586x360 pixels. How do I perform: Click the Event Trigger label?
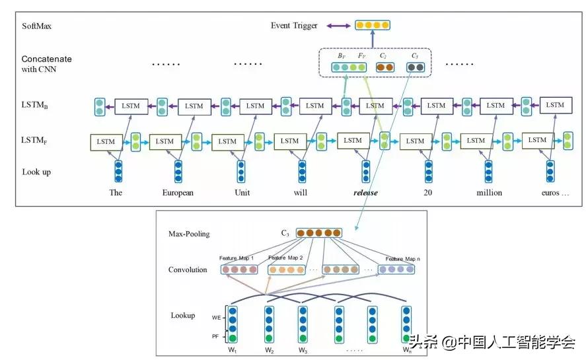pos(294,26)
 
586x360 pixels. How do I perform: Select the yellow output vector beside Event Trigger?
pos(373,26)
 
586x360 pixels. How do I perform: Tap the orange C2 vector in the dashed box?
pos(385,67)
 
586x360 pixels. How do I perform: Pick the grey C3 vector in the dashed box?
pos(416,67)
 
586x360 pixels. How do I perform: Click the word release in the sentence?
pos(365,193)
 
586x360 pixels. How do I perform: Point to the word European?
pos(178,193)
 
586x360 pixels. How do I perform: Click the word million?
pos(489,193)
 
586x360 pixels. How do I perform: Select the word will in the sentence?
pos(302,193)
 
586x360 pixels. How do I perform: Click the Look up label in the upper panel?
pos(37,172)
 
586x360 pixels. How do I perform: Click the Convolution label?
pos(187,270)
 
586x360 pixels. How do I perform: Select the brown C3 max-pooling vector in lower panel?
pos(320,233)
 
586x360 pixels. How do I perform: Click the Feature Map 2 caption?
pos(285,258)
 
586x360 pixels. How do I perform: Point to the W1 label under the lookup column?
pos(232,349)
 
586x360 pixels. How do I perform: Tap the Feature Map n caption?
pos(403,259)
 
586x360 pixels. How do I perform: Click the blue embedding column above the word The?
pos(118,170)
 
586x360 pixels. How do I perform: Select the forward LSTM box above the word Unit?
pos(227,141)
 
